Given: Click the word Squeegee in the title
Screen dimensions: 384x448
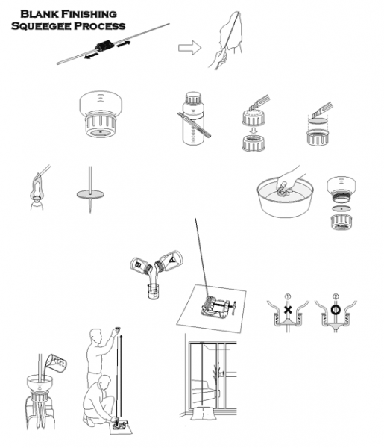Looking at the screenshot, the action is click(41, 26).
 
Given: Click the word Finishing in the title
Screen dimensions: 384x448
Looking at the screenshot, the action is click(89, 14).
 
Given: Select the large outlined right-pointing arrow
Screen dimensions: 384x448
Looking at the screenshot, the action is click(189, 48).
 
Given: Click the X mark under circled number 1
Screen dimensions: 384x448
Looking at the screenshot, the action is click(288, 309).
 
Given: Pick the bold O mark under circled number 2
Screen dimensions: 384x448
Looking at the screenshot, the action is click(336, 309).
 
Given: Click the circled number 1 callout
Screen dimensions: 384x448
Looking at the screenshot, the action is click(288, 296).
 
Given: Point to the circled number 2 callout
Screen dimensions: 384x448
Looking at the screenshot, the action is click(336, 296).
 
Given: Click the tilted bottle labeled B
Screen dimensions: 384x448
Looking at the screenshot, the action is click(141, 266).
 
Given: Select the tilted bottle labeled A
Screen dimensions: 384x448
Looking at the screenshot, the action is click(169, 261).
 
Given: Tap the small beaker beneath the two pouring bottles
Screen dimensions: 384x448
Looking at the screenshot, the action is click(153, 291).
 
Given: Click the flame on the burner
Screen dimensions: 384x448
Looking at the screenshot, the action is click(37, 187).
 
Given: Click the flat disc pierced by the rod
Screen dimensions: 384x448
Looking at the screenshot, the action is click(90, 195).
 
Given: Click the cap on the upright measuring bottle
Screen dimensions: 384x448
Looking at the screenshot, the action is click(193, 98).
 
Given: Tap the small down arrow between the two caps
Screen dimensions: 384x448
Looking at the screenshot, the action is click(253, 131).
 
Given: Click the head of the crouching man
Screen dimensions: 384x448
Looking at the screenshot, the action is click(104, 382).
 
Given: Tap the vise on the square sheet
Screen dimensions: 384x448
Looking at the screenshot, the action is click(218, 308).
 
